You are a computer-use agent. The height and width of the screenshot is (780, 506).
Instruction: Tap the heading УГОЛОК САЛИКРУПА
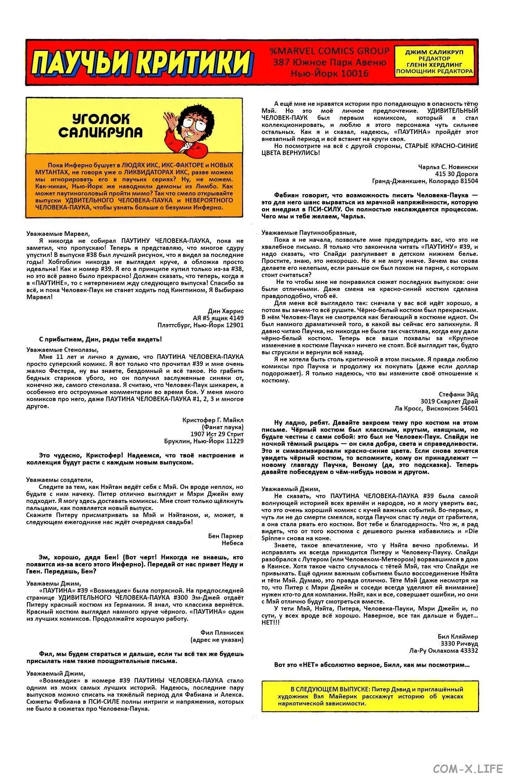100,125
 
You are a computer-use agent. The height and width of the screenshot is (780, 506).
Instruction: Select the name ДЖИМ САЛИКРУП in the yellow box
434,52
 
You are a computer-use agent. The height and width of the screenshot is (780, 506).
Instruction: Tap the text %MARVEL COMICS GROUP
330,51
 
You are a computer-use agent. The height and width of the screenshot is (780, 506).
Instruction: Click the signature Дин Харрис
226,311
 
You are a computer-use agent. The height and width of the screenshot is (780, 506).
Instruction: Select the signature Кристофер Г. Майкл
213,420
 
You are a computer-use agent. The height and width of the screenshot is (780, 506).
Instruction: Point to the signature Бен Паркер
226,536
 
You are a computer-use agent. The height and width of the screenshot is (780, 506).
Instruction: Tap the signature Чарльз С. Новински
448,167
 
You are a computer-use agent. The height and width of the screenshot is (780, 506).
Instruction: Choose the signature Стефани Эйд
458,394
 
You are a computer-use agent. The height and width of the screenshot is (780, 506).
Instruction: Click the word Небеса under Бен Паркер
232,543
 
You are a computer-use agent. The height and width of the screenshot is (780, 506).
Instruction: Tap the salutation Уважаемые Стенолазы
62,350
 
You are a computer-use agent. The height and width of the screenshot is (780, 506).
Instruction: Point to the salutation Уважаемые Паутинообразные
309,233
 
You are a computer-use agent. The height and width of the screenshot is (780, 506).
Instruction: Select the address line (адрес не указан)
217,640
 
